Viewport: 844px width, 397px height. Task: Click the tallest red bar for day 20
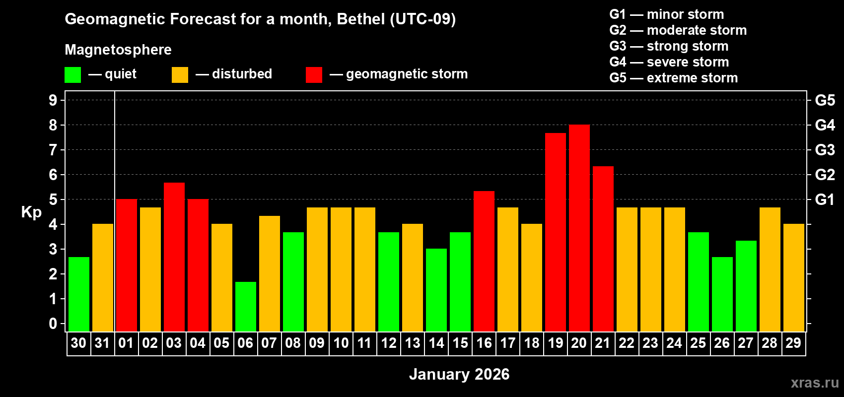[x=579, y=228]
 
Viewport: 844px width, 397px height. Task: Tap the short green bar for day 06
[x=245, y=307]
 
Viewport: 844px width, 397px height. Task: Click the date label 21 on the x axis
[x=602, y=343]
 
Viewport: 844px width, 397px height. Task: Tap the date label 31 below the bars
[x=102, y=343]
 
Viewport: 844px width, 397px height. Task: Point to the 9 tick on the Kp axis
[x=53, y=100]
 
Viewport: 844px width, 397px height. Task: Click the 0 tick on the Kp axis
[x=53, y=324]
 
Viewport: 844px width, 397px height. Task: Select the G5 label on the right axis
[x=825, y=100]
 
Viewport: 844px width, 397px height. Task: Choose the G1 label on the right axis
[x=825, y=199]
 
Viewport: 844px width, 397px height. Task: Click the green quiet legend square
[x=72, y=75]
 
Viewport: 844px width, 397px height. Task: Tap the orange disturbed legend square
[x=180, y=75]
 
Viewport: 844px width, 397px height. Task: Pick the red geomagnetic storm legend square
[x=314, y=75]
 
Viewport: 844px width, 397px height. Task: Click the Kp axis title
[x=31, y=212]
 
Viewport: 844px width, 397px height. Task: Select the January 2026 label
[x=459, y=374]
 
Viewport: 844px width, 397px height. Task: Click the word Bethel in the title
[x=360, y=19]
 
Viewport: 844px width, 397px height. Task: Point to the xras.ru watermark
[x=815, y=382]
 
